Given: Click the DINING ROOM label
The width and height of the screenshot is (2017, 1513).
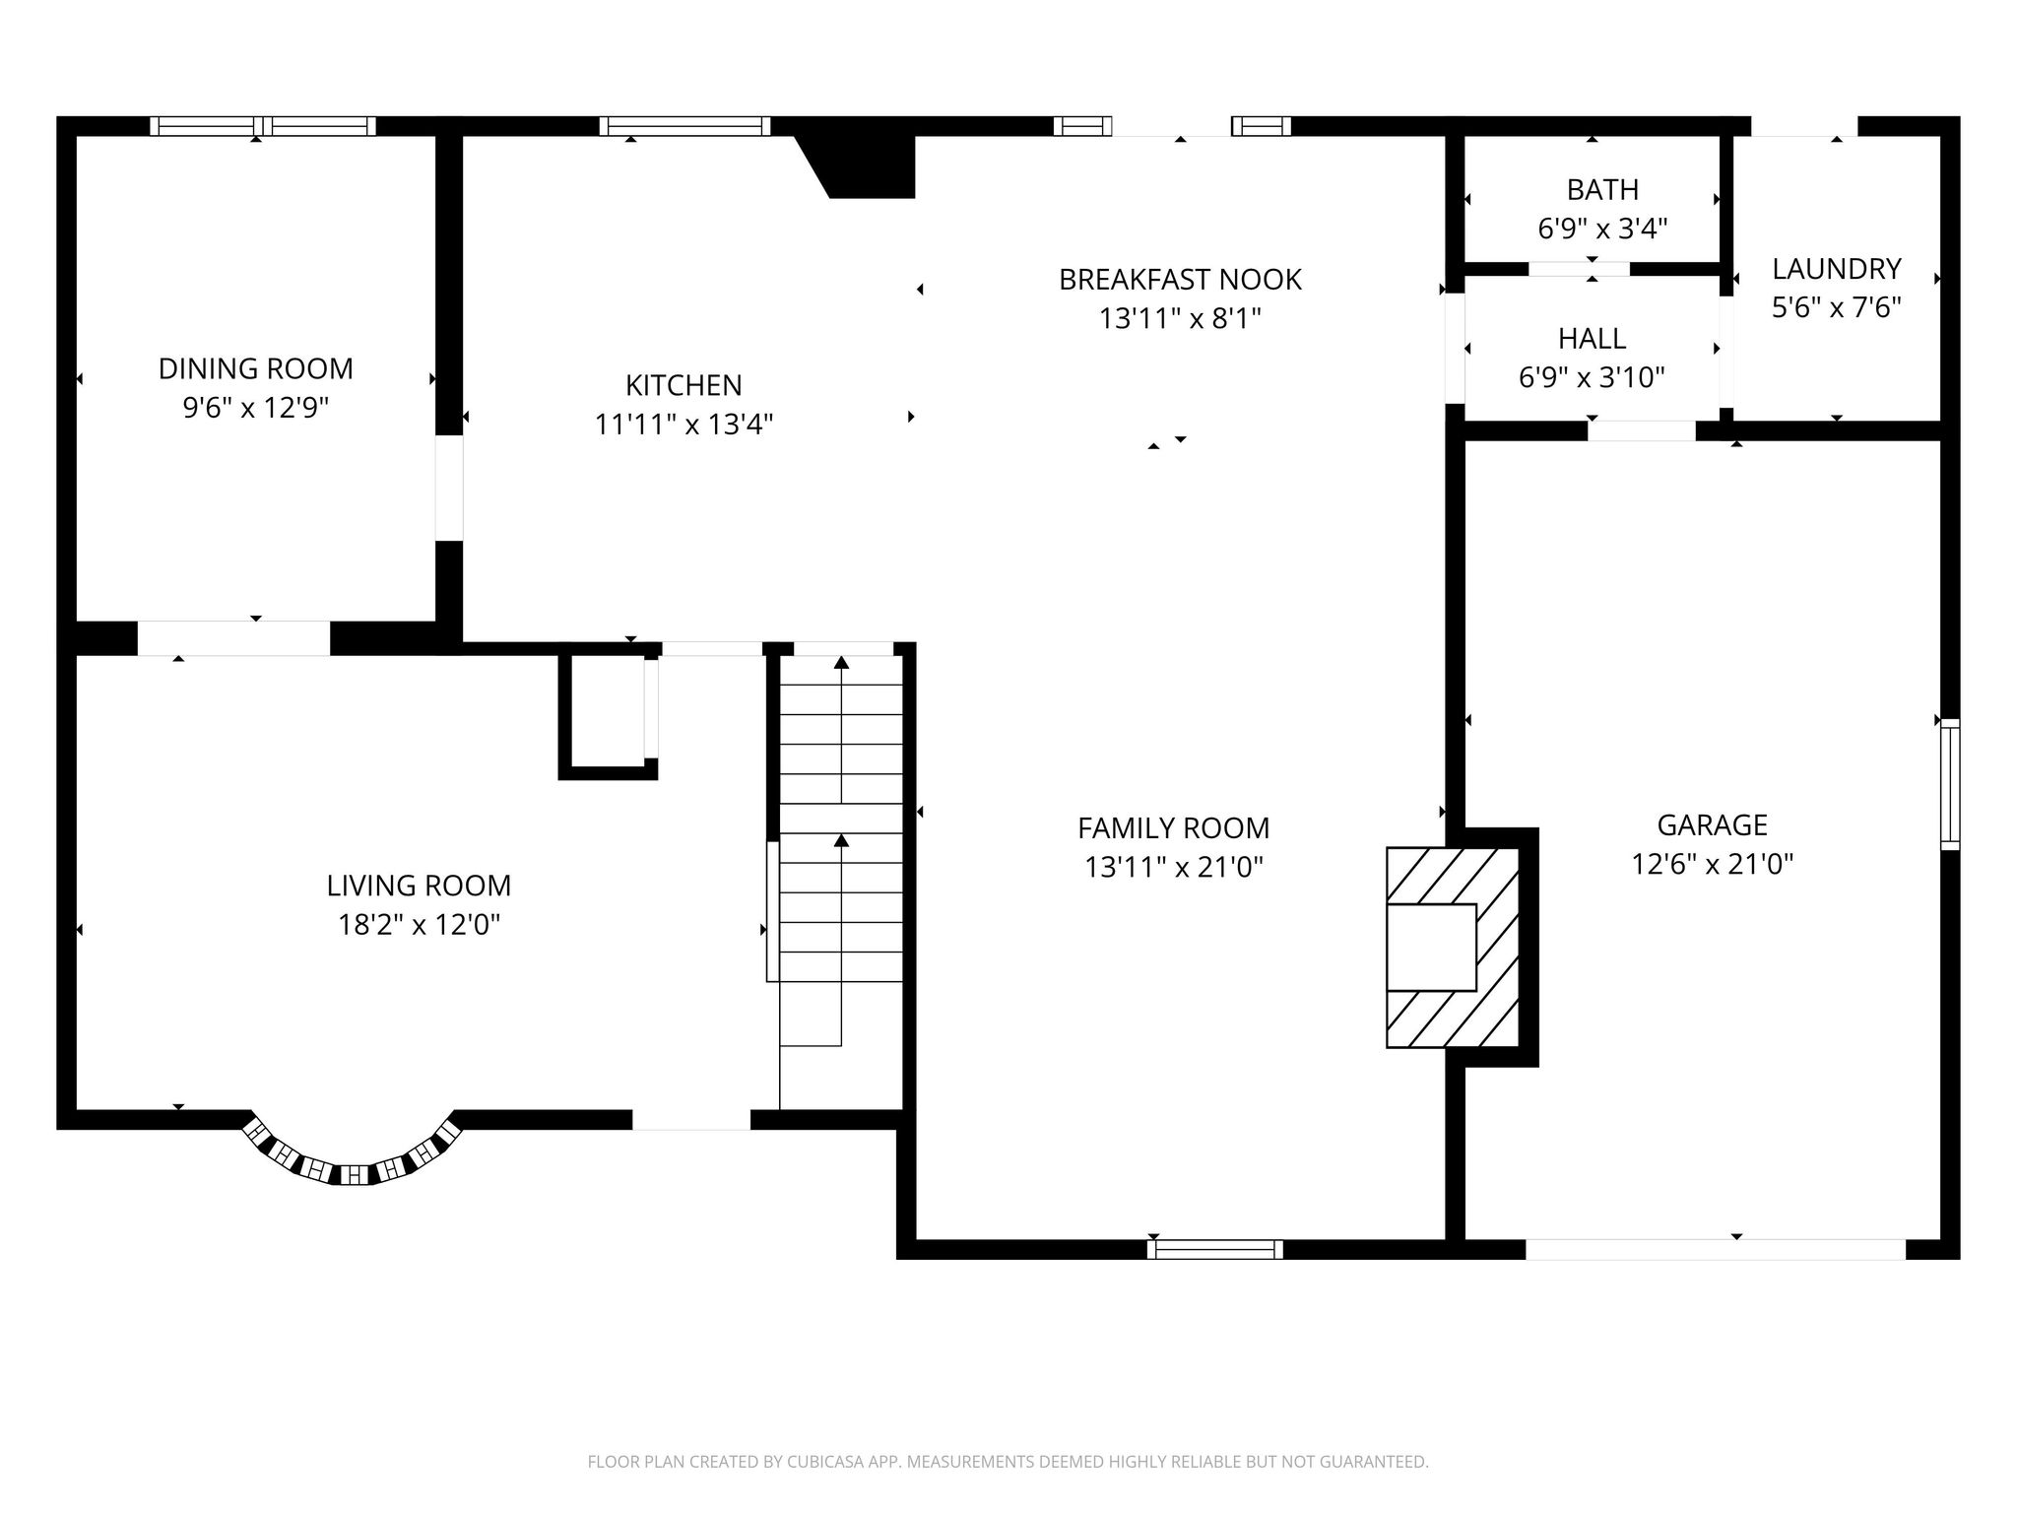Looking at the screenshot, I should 255,368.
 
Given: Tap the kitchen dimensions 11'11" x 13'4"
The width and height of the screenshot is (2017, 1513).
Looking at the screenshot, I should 683,425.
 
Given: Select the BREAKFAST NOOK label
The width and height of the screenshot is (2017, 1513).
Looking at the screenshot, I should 1180,280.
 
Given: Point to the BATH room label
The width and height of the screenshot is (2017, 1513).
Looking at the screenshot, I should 1602,189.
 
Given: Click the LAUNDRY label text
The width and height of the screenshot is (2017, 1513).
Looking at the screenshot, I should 1836,269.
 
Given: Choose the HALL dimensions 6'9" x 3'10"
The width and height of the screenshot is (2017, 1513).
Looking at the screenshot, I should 1592,377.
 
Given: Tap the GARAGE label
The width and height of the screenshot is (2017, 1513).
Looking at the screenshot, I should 1712,824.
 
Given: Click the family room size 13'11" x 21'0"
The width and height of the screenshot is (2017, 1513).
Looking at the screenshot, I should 1174,867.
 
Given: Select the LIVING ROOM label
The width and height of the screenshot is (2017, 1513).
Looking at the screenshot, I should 419,886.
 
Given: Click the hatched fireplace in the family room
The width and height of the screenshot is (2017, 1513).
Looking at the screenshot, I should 1452,947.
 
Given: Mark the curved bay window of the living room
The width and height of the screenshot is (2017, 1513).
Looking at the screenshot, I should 353,1161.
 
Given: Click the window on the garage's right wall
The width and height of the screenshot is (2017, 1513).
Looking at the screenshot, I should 1949,784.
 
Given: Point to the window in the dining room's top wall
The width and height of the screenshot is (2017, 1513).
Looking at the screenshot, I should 263,126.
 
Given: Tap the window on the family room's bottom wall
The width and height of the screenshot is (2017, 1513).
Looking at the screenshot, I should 1215,1249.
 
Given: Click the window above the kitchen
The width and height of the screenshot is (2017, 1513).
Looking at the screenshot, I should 684,126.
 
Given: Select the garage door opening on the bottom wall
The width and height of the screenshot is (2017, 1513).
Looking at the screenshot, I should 1715,1249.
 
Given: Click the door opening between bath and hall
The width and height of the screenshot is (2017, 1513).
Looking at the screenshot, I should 1579,269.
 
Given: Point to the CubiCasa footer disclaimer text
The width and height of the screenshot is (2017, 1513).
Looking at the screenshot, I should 1008,1462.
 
